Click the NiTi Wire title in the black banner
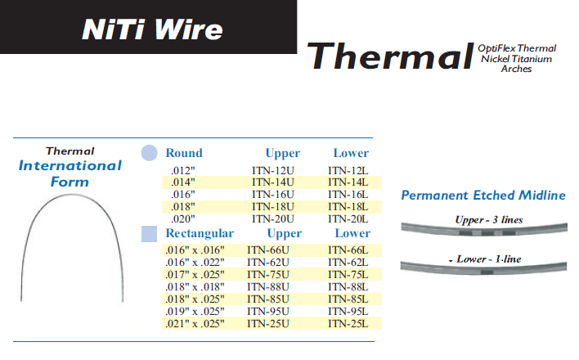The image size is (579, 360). coord(152,29)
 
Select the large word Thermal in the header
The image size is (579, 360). coord(390,56)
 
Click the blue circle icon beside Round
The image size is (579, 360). coord(149,153)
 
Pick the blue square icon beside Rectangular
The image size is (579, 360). coord(149,234)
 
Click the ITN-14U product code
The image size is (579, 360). coord(273,182)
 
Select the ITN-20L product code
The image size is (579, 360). coord(348,219)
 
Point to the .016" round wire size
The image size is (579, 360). coord(183,195)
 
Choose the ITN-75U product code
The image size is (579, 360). coord(268,275)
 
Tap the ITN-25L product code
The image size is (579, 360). coord(348,324)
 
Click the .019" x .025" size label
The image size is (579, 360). coord(195,311)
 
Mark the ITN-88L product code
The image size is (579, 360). coord(348,287)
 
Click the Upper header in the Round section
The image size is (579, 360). coord(282,153)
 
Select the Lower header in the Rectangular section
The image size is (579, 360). coord(352,233)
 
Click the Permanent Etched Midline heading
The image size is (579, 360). coord(483,196)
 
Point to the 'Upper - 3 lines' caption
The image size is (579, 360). coord(489,220)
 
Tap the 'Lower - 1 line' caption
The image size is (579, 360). coord(488,259)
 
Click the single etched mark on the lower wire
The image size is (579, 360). coord(487,272)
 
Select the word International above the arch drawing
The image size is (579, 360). coord(70,165)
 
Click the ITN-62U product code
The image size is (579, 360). coord(268,263)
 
